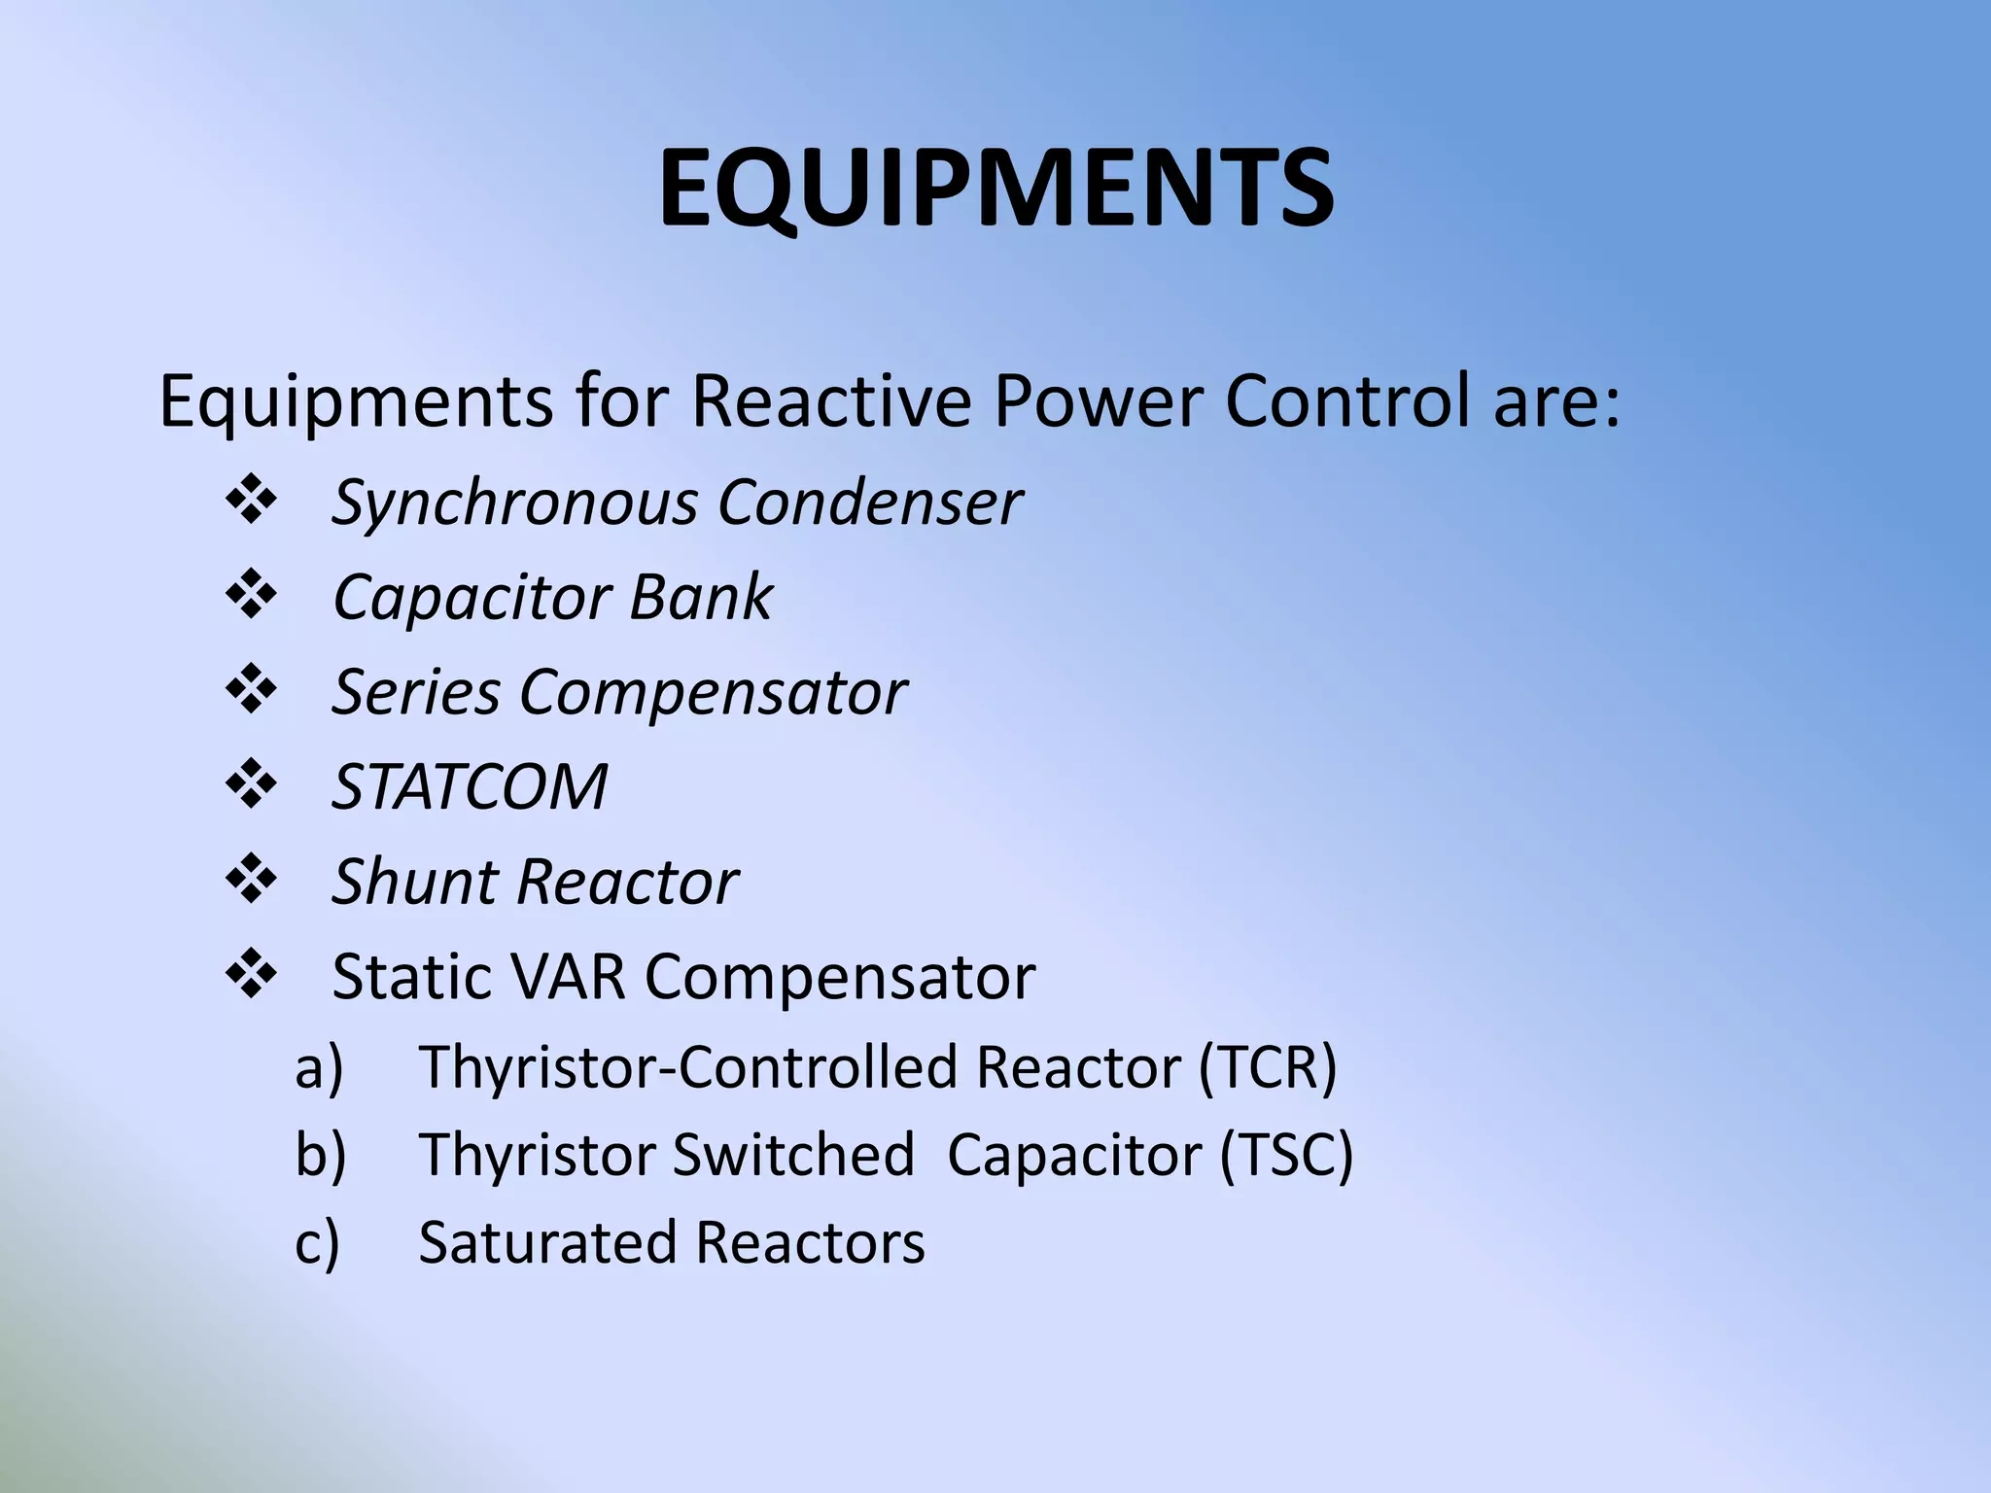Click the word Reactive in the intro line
pyautogui.click(x=831, y=400)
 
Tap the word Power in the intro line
pyautogui.click(x=1099, y=400)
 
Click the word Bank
pyautogui.click(x=700, y=597)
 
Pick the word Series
pyautogui.click(x=416, y=692)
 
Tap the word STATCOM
pyautogui.click(x=470, y=786)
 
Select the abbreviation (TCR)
pyautogui.click(x=1268, y=1067)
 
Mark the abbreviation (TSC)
pyautogui.click(x=1285, y=1156)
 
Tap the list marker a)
pyautogui.click(x=319, y=1067)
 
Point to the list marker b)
pyautogui.click(x=320, y=1156)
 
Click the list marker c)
pyautogui.click(x=317, y=1243)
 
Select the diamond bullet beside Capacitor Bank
pyautogui.click(x=252, y=594)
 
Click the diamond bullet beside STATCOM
pyautogui.click(x=252, y=783)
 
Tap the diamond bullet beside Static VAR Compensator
pyautogui.click(x=252, y=973)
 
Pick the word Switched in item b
pyautogui.click(x=792, y=1156)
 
